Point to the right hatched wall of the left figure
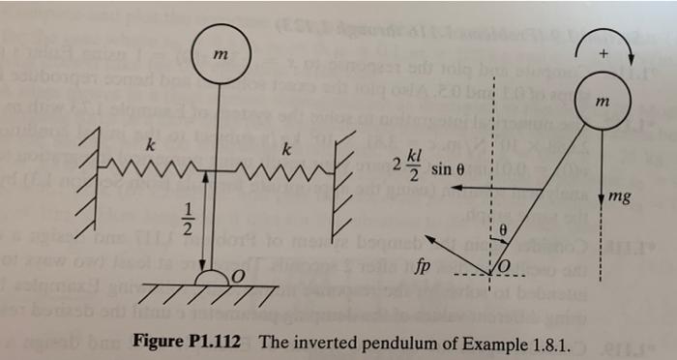pos(343,174)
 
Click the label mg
pos(621,199)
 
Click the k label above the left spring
pos(150,146)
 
